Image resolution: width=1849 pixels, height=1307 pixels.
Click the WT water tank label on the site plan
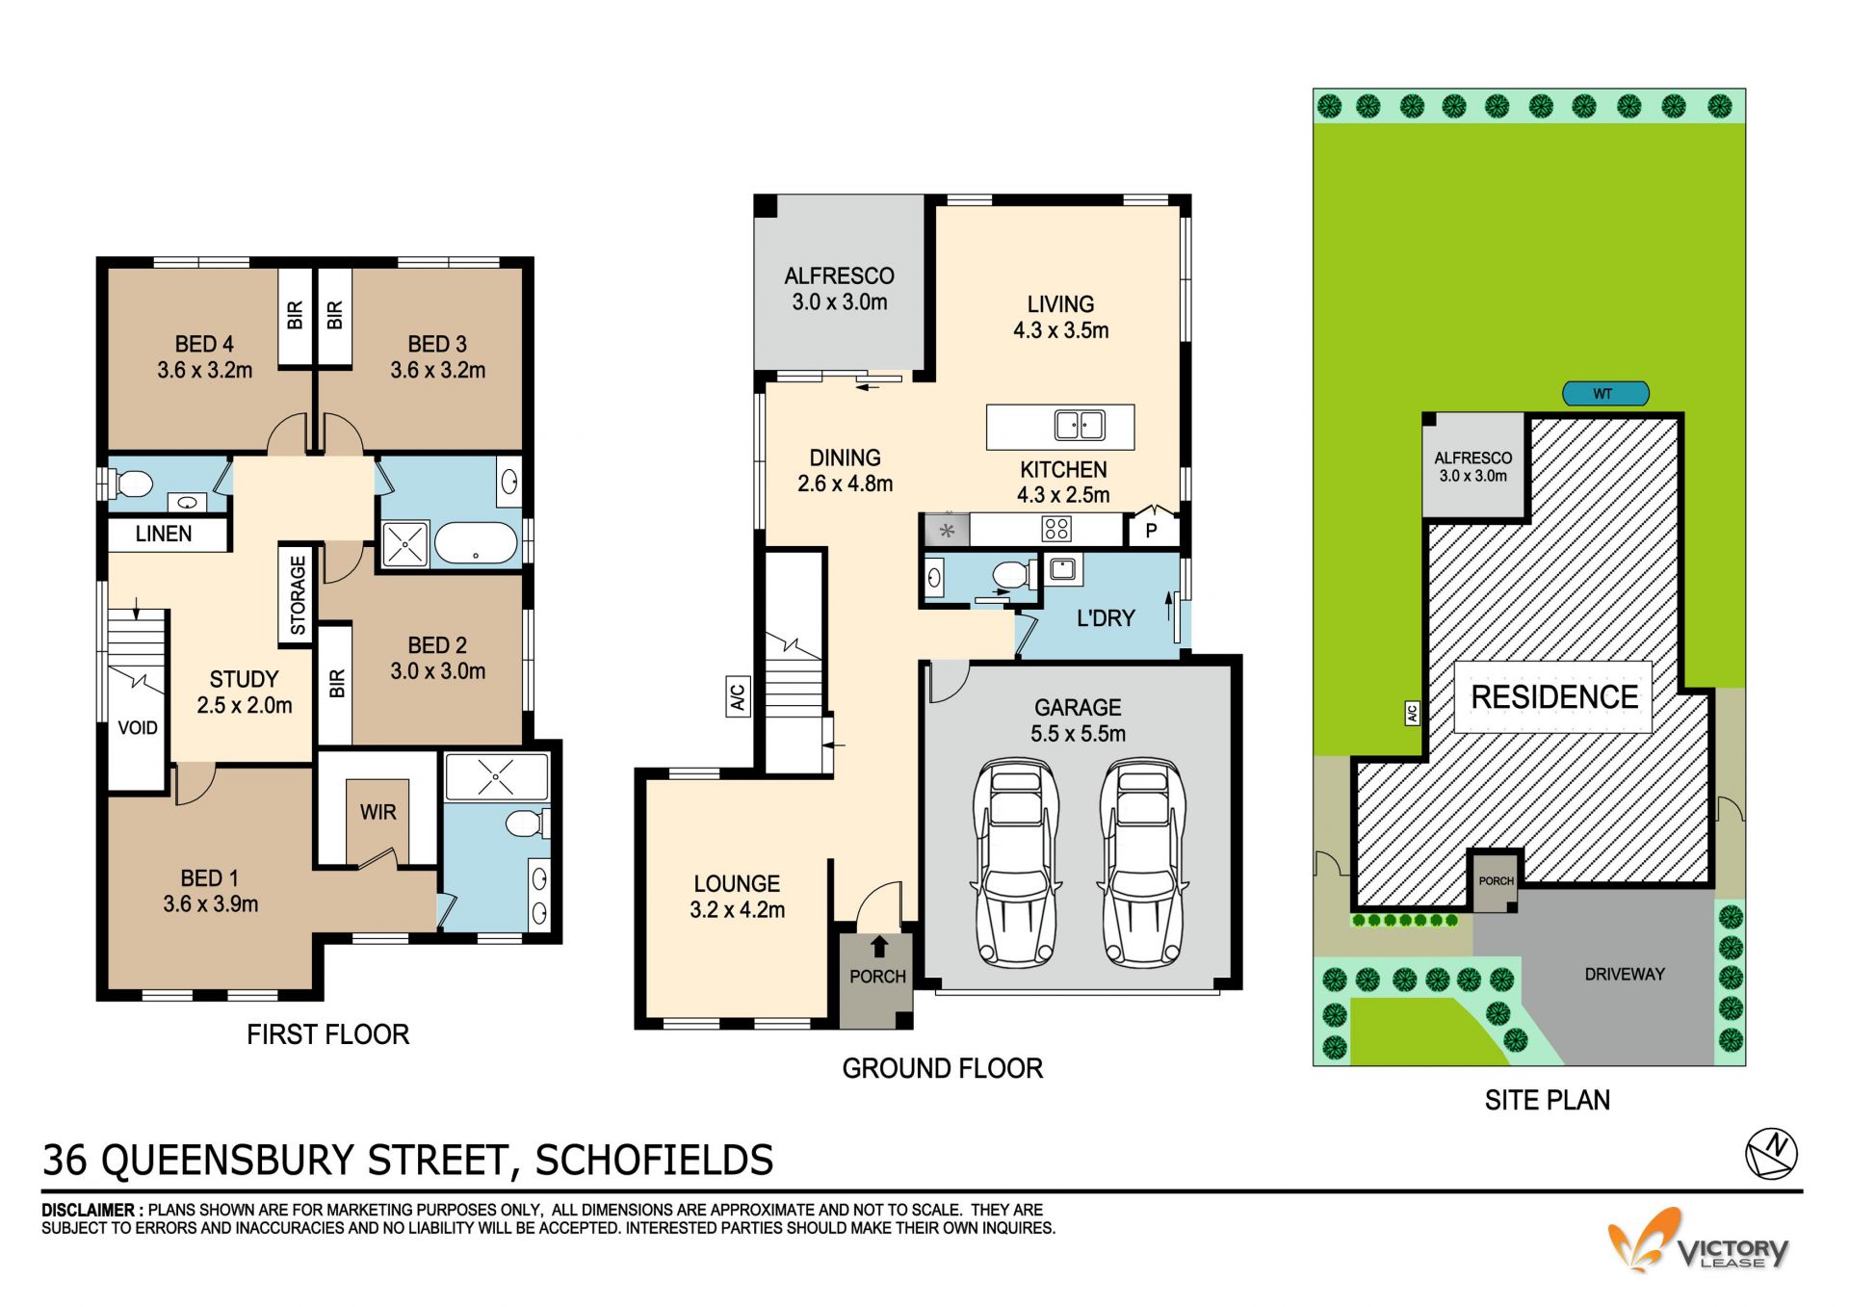pyautogui.click(x=1602, y=393)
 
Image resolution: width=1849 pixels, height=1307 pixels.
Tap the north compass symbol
pyautogui.click(x=1771, y=1154)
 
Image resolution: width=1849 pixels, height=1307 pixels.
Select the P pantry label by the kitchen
pyautogui.click(x=1151, y=530)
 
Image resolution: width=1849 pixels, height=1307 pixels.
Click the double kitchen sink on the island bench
pyautogui.click(x=1080, y=425)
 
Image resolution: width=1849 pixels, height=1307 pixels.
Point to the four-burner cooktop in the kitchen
pyautogui.click(x=1056, y=528)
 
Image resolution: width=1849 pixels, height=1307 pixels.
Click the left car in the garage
pyautogui.click(x=1017, y=863)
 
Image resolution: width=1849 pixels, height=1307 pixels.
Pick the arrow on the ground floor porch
pyautogui.click(x=878, y=946)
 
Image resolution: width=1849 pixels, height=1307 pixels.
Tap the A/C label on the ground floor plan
pyautogui.click(x=737, y=695)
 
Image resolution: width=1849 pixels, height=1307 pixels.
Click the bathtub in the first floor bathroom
pyautogui.click(x=476, y=543)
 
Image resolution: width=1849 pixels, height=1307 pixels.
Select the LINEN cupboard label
pyautogui.click(x=164, y=534)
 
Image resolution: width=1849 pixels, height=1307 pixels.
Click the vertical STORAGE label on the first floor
pyautogui.click(x=298, y=595)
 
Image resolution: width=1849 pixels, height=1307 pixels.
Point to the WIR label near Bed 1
pyautogui.click(x=378, y=812)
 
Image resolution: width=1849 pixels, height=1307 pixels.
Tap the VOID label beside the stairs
pyautogui.click(x=138, y=727)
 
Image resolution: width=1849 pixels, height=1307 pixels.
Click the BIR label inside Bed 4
pyautogui.click(x=296, y=315)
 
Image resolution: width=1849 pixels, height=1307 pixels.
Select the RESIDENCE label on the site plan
pyautogui.click(x=1554, y=696)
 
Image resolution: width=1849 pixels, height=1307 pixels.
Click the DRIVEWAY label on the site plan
pyautogui.click(x=1625, y=974)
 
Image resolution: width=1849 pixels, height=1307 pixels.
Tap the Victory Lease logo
pyautogui.click(x=1697, y=1242)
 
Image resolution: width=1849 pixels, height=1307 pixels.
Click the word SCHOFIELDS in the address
pyautogui.click(x=654, y=1160)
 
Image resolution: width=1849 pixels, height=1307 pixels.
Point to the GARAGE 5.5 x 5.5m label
pyautogui.click(x=1078, y=720)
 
